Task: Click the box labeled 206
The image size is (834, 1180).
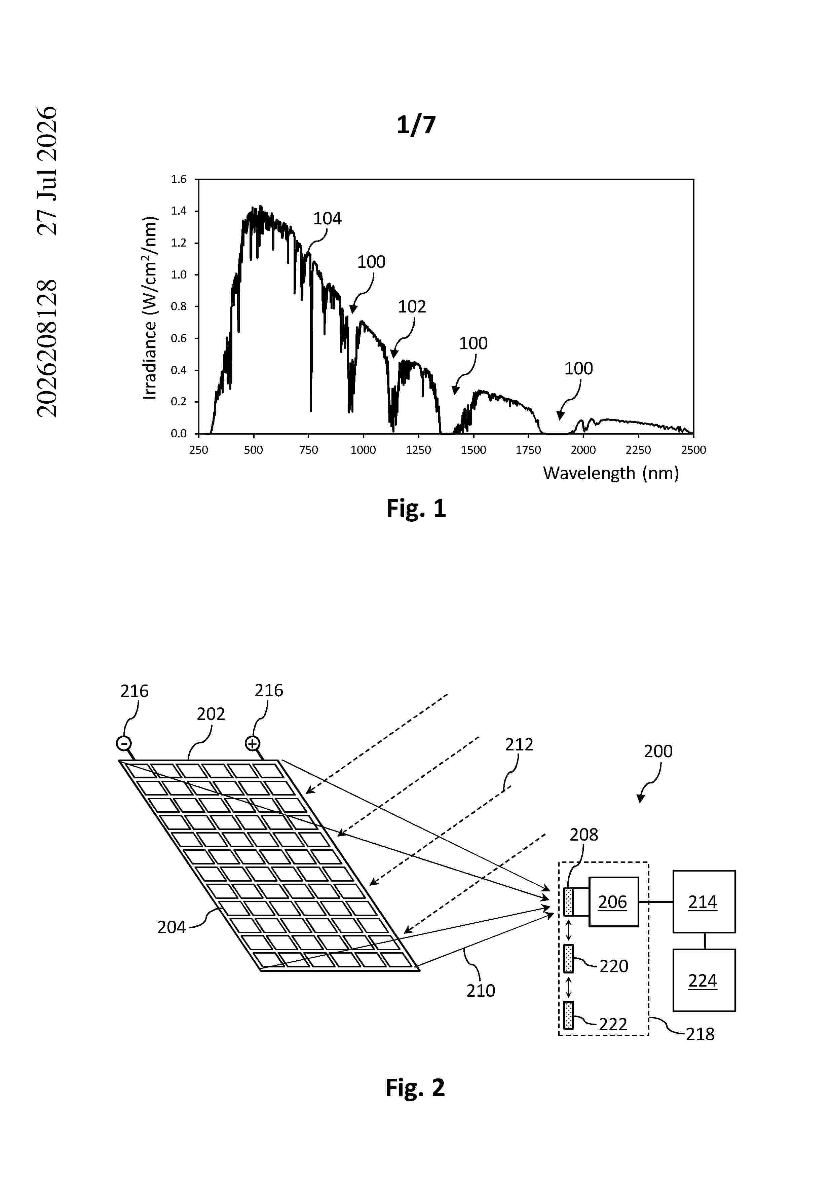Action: click(x=613, y=901)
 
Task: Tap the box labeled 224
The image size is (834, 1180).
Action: click(x=704, y=980)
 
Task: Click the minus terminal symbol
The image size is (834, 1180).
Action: click(x=124, y=744)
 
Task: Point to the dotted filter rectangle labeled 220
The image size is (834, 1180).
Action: click(x=568, y=958)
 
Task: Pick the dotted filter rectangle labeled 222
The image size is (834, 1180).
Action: click(x=568, y=1015)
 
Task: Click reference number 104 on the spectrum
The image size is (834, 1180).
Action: click(x=327, y=218)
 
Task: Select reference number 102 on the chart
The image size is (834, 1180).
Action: click(x=412, y=307)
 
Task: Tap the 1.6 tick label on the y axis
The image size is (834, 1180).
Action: click(x=179, y=179)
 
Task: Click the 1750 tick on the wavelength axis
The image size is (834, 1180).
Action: click(x=528, y=450)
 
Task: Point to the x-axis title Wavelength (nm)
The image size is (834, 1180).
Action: click(x=611, y=473)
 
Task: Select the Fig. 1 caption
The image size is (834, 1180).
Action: click(x=416, y=508)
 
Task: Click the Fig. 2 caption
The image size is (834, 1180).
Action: click(x=416, y=1088)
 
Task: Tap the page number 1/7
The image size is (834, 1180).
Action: click(x=416, y=125)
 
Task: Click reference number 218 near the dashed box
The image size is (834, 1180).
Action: click(x=700, y=1034)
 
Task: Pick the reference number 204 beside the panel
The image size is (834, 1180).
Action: click(x=172, y=927)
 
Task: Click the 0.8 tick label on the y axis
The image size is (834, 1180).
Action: click(x=179, y=306)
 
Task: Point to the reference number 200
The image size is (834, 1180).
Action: click(x=658, y=751)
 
